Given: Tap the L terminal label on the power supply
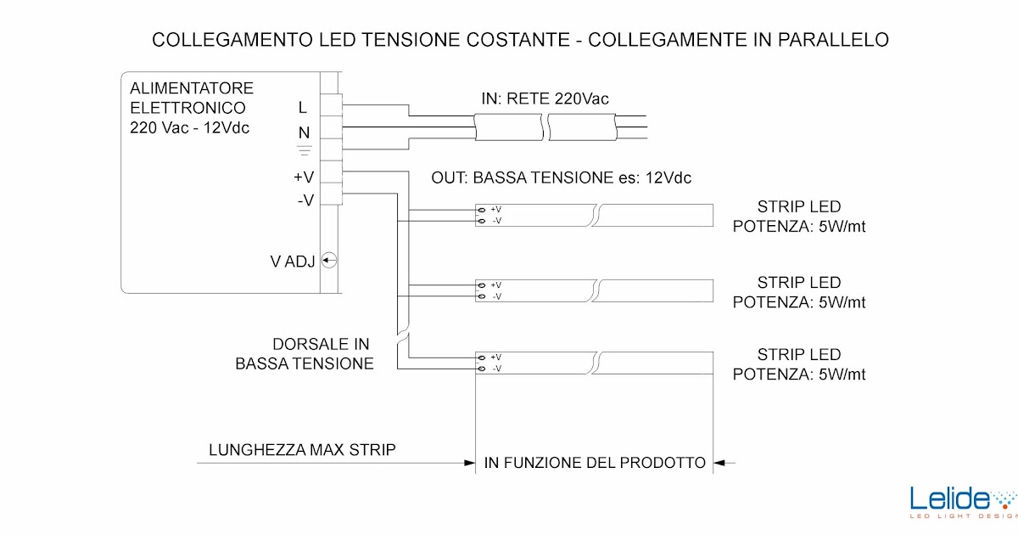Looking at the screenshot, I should click(303, 108).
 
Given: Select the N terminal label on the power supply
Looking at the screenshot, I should click(304, 132).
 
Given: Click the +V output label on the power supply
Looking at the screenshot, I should click(304, 177).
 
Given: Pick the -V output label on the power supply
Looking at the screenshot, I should click(305, 200).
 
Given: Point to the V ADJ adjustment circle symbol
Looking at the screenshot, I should click(330, 261).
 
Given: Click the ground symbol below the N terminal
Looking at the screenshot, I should click(304, 151).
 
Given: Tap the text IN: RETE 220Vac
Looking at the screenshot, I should click(545, 99).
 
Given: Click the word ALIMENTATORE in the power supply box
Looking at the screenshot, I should click(191, 88).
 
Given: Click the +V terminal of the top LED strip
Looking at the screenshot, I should click(482, 209).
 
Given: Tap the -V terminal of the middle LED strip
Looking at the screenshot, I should click(482, 296).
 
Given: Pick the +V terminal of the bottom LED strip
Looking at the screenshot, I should click(482, 357).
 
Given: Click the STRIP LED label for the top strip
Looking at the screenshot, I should click(799, 207).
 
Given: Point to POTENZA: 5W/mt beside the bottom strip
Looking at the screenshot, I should click(799, 374).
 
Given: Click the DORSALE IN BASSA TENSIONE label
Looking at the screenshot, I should click(305, 354).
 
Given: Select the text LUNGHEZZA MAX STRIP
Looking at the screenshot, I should click(302, 449).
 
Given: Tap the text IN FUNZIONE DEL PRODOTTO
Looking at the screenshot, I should click(595, 463).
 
